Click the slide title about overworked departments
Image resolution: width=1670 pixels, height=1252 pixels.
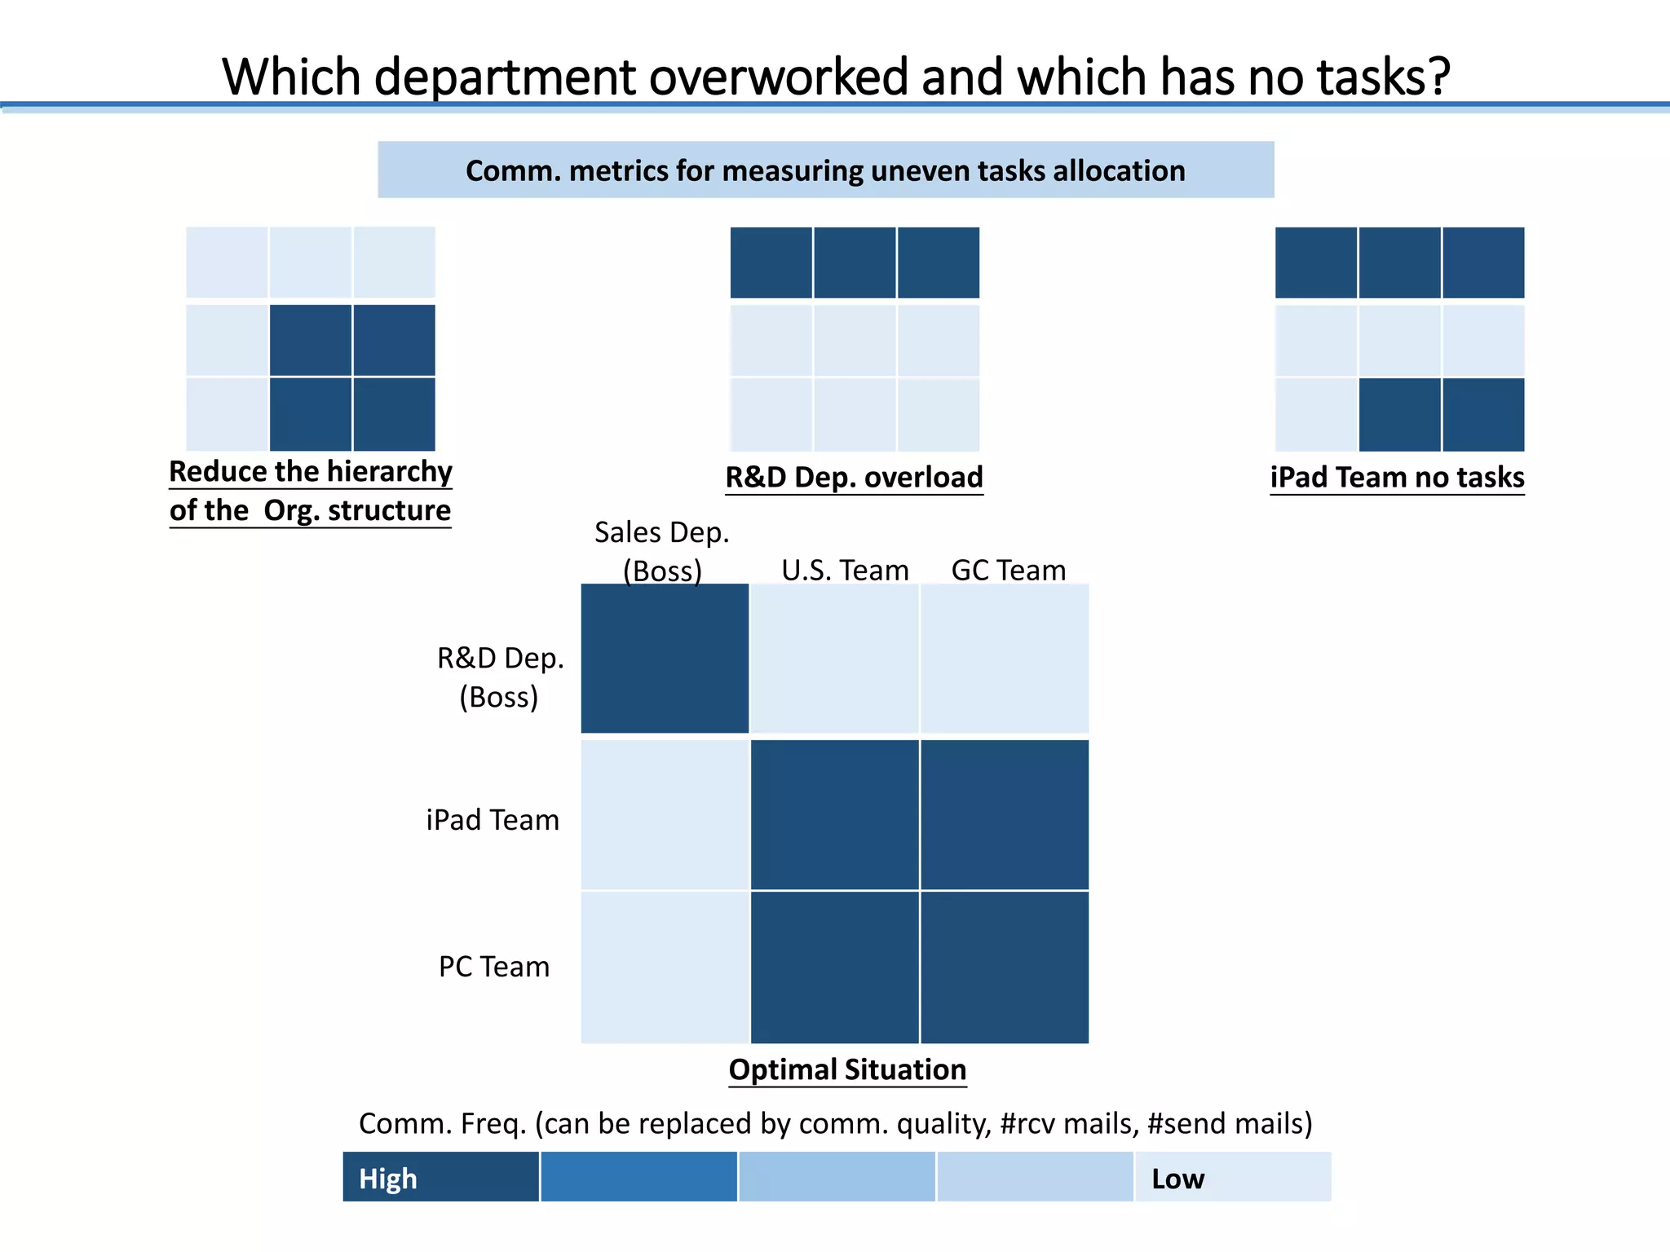click(x=836, y=77)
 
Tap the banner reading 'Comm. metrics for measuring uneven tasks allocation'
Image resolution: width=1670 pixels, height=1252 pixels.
click(x=825, y=170)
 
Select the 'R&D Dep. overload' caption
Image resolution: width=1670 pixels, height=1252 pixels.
click(x=854, y=477)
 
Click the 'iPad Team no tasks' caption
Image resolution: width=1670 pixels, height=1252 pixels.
click(x=1397, y=477)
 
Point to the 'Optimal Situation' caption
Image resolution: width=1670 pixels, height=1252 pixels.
click(x=847, y=1069)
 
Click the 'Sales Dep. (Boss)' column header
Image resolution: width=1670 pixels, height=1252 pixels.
click(x=661, y=551)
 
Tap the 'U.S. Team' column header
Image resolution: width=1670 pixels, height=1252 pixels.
click(x=845, y=570)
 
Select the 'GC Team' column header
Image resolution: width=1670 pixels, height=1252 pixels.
click(x=1009, y=570)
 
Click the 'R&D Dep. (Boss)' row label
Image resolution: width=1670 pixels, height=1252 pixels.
click(x=500, y=677)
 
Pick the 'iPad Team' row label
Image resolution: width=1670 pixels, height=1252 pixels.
click(x=493, y=820)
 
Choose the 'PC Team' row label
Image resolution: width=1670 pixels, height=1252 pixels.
click(x=494, y=967)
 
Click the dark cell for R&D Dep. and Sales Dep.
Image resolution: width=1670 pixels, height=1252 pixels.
click(x=665, y=659)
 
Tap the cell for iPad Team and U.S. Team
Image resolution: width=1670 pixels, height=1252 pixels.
click(x=834, y=815)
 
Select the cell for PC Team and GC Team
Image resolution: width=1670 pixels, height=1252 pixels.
click(x=1005, y=968)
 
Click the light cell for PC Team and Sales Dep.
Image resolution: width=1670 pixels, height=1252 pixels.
click(x=665, y=968)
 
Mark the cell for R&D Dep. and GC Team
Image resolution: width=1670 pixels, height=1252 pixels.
click(x=1005, y=659)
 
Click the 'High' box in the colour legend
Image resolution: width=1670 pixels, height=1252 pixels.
click(x=440, y=1177)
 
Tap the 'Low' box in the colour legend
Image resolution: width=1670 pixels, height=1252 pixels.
click(x=1233, y=1177)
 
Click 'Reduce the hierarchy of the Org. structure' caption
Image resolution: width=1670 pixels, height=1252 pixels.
click(x=310, y=491)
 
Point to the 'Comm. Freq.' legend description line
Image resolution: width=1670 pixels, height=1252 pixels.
click(x=836, y=1123)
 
